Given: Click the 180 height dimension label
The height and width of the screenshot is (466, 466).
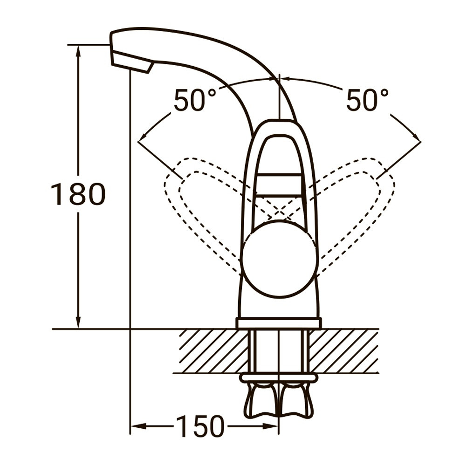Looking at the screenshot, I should pyautogui.click(x=78, y=194).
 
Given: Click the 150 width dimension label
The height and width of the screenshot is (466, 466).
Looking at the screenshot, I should pyautogui.click(x=200, y=426).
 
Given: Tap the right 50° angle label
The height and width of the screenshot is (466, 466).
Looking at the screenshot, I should pyautogui.click(x=367, y=100).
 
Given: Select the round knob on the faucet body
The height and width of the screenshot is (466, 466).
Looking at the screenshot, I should pyautogui.click(x=280, y=259).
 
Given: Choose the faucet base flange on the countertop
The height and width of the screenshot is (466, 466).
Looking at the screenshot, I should pyautogui.click(x=279, y=323).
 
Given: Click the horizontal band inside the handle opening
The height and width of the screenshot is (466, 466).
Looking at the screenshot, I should pyautogui.click(x=280, y=185).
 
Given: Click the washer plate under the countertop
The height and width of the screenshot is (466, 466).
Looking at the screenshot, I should pyautogui.click(x=279, y=377).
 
